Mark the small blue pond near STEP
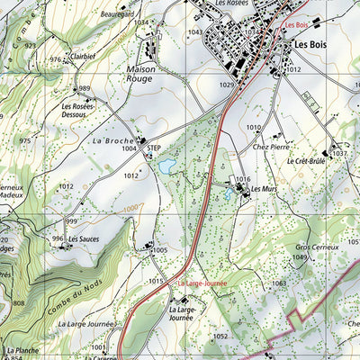point(166,166)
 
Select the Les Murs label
point(264,189)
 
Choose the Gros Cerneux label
point(316,246)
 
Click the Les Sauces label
point(84,239)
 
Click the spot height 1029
point(225,85)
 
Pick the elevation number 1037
point(338,154)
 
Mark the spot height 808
point(18,303)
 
